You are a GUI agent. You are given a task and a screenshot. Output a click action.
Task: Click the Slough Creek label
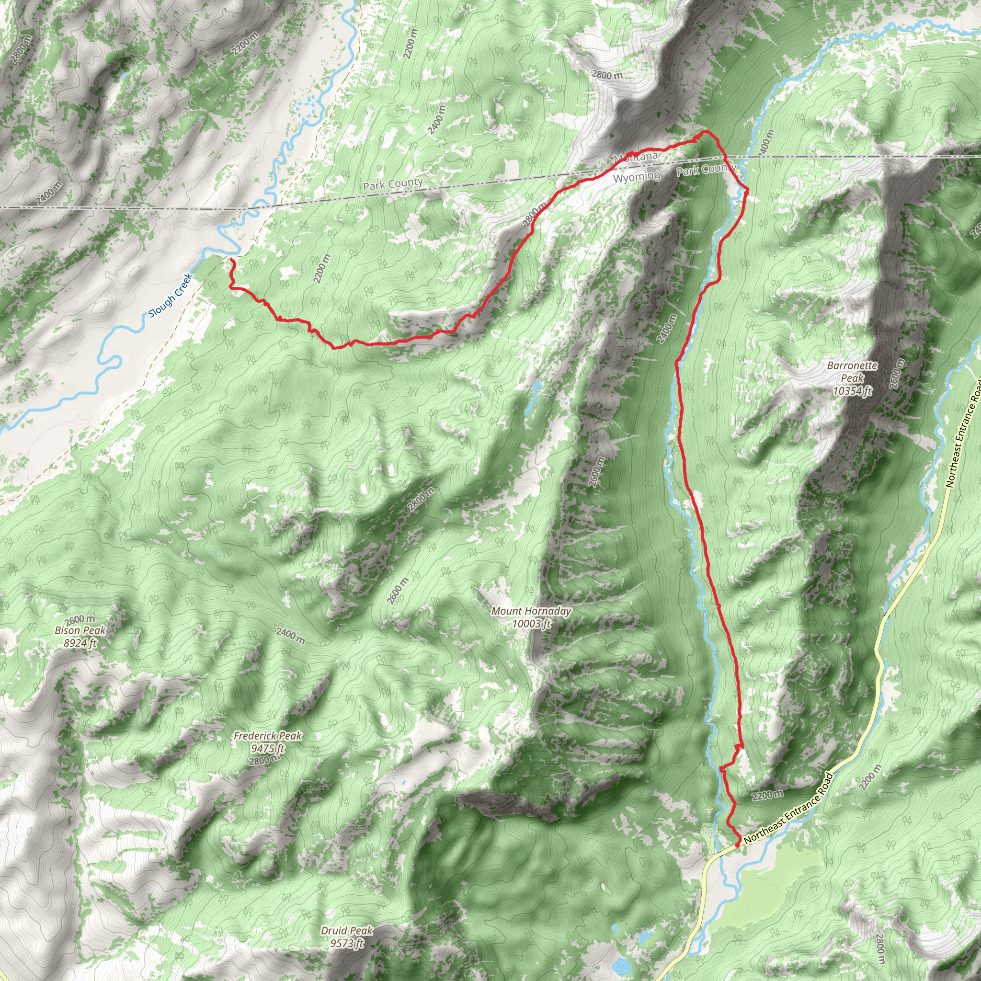[171, 296]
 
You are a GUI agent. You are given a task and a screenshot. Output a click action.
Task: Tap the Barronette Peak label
[852, 372]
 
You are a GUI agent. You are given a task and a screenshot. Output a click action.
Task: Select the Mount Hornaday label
[531, 611]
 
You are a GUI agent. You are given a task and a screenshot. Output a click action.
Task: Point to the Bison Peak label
[80, 631]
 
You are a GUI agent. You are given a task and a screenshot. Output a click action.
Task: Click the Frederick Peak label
[268, 736]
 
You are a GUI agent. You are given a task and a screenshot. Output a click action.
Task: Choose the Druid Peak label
[347, 931]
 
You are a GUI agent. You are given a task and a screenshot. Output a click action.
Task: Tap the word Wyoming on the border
[637, 177]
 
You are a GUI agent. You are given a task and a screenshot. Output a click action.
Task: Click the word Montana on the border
[636, 158]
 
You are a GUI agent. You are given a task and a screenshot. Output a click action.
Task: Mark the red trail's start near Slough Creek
[231, 260]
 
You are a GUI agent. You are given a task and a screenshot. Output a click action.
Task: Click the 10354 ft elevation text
[853, 390]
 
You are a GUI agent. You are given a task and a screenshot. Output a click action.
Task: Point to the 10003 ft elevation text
[531, 624]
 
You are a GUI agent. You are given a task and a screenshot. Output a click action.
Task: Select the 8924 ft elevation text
[80, 643]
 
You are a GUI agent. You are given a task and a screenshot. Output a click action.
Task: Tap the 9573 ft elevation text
[347, 944]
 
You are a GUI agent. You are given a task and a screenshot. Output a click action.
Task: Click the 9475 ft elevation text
[268, 749]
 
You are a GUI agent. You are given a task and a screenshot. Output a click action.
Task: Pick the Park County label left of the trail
[393, 184]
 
